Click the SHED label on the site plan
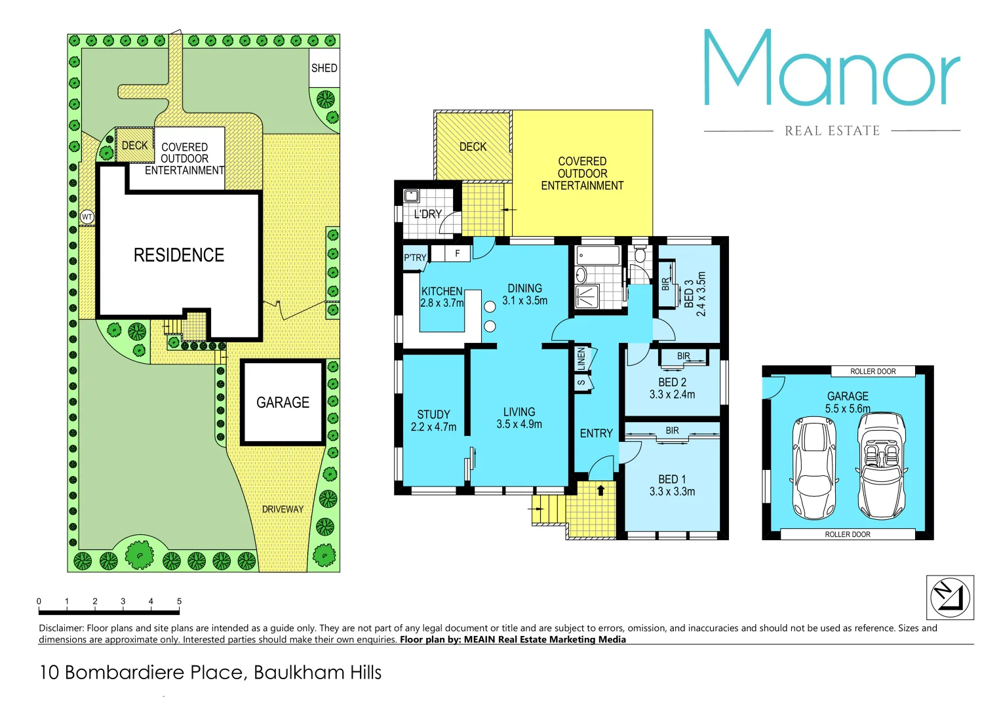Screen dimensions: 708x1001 pyautogui.click(x=324, y=68)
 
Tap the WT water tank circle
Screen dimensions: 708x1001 pyautogui.click(x=87, y=217)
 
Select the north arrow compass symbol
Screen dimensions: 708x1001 pyautogui.click(x=949, y=597)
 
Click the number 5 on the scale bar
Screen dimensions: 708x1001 pyautogui.click(x=179, y=601)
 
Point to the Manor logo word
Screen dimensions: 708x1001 pyautogui.click(x=832, y=69)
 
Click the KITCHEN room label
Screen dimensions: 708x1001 pyautogui.click(x=442, y=291)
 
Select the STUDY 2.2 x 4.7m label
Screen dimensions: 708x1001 pyautogui.click(x=433, y=420)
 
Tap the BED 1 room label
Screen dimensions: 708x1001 pyautogui.click(x=672, y=485)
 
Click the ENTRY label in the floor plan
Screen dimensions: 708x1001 pyautogui.click(x=596, y=433)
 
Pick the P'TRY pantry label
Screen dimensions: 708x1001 pyautogui.click(x=415, y=258)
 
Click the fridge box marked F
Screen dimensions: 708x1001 pyautogui.click(x=458, y=254)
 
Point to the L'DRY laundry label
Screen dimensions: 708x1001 pyautogui.click(x=427, y=214)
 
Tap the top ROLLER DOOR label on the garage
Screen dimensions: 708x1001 pyautogui.click(x=873, y=372)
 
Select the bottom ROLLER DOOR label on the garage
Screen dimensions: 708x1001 pyautogui.click(x=847, y=534)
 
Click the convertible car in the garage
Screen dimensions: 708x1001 pyautogui.click(x=882, y=465)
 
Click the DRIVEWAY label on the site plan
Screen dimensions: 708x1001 pyautogui.click(x=283, y=509)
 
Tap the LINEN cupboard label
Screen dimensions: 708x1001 pyautogui.click(x=581, y=358)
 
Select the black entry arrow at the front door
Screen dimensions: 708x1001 pyautogui.click(x=600, y=490)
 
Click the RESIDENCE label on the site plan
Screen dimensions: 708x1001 pyautogui.click(x=178, y=255)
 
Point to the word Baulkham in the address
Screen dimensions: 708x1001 pyautogui.click(x=288, y=673)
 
